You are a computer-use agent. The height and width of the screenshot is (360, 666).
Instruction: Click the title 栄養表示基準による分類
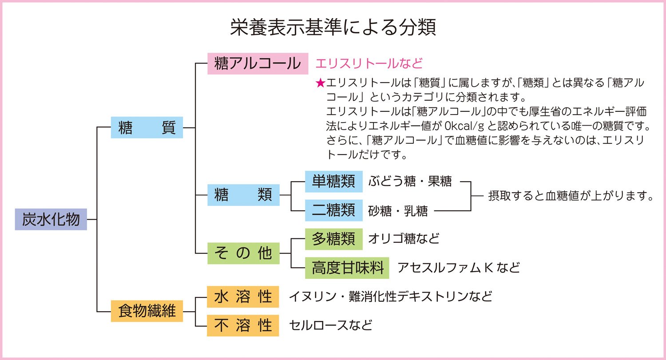tap(333, 27)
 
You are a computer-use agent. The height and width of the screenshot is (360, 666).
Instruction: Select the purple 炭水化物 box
tap(51, 219)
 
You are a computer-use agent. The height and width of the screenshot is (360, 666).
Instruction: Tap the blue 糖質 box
tap(147, 128)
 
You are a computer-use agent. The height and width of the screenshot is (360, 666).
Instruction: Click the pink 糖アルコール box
tap(258, 63)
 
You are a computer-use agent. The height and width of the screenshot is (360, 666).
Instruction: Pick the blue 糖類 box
tap(243, 195)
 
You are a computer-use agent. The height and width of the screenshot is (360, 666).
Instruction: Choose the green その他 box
tap(243, 253)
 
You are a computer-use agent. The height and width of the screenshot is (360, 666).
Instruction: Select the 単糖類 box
tap(333, 181)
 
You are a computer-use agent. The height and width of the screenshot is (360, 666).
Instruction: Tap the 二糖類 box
tap(333, 210)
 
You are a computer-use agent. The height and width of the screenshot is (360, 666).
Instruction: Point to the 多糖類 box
tap(333, 239)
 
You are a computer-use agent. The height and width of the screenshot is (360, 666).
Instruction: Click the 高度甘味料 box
tap(347, 268)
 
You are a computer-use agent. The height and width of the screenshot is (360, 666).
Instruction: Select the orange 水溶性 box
tap(243, 297)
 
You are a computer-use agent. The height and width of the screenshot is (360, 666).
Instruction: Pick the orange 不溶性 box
tap(243, 325)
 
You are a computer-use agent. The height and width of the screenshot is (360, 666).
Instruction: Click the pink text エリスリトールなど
tap(369, 63)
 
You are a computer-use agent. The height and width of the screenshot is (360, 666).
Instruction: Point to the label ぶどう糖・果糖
tap(409, 182)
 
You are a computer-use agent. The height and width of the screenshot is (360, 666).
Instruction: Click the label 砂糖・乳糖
tap(398, 211)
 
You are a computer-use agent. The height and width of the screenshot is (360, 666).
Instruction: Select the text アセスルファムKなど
tap(458, 268)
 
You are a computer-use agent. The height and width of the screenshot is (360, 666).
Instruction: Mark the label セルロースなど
tap(330, 325)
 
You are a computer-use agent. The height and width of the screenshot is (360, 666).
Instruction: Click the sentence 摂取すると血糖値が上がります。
tap(571, 196)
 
